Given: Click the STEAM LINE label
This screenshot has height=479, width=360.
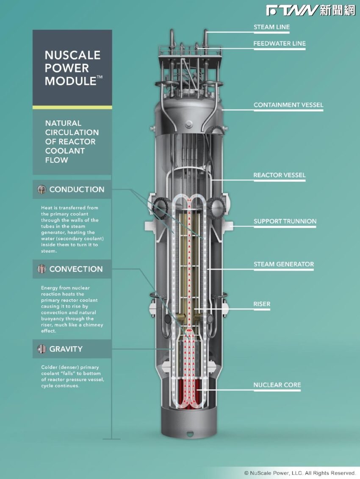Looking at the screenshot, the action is [x=271, y=27].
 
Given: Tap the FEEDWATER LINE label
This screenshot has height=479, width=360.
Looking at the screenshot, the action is [x=280, y=43].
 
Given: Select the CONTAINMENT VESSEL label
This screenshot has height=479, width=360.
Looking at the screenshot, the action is [x=288, y=105].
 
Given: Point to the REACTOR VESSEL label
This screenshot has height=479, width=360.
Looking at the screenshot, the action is [x=280, y=175].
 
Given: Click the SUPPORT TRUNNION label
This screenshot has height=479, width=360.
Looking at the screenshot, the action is [x=285, y=221].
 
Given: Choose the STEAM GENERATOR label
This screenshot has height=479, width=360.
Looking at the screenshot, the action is [x=284, y=264].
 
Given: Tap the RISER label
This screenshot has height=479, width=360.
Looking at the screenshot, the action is [x=262, y=304].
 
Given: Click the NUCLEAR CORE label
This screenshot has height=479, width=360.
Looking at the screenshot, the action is [x=277, y=385].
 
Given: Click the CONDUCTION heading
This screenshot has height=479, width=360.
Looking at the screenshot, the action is [x=77, y=189].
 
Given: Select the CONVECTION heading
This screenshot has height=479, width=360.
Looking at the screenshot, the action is [x=76, y=269].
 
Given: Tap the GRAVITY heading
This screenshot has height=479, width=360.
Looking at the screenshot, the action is [x=66, y=349].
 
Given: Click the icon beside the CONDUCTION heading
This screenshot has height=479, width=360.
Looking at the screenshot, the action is [x=42, y=189].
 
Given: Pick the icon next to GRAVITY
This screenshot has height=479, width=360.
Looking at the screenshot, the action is [x=42, y=349].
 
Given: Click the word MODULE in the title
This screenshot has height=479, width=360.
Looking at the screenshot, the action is [x=71, y=81].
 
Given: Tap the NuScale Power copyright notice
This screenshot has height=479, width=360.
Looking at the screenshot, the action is [x=300, y=473].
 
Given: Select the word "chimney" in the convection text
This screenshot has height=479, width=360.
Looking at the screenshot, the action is [x=93, y=325].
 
